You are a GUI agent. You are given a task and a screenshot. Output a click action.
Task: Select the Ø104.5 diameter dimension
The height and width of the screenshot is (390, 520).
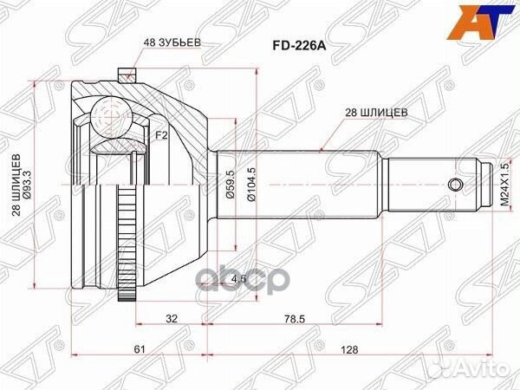[252, 184]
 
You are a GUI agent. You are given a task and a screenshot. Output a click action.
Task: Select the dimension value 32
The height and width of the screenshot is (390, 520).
[172, 317]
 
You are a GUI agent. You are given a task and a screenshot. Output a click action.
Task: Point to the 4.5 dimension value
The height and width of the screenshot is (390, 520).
[239, 279]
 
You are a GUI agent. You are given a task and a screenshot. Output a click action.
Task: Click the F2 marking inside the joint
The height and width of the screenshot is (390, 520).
[160, 135]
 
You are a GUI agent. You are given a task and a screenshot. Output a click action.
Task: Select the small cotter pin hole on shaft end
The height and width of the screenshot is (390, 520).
[455, 184]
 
